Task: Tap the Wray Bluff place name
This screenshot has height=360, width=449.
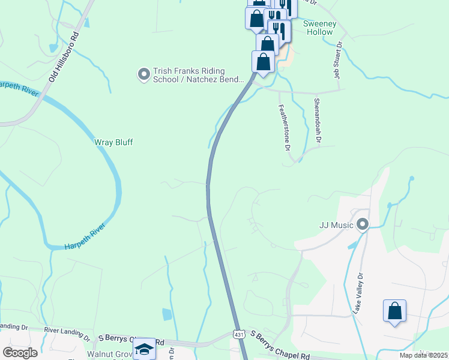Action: pyautogui.click(x=113, y=142)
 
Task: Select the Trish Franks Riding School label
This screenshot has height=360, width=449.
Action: pyautogui.click(x=199, y=75)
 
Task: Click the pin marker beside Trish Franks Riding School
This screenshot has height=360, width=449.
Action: pyautogui.click(x=143, y=74)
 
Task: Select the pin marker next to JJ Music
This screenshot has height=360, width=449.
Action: pyautogui.click(x=362, y=225)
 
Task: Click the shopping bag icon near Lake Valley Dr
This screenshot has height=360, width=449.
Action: pyautogui.click(x=394, y=311)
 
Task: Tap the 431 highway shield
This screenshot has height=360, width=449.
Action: pyautogui.click(x=238, y=334)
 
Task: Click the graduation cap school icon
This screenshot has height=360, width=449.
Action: pyautogui.click(x=144, y=350)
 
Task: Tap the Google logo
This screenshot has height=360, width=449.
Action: pyautogui.click(x=20, y=352)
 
